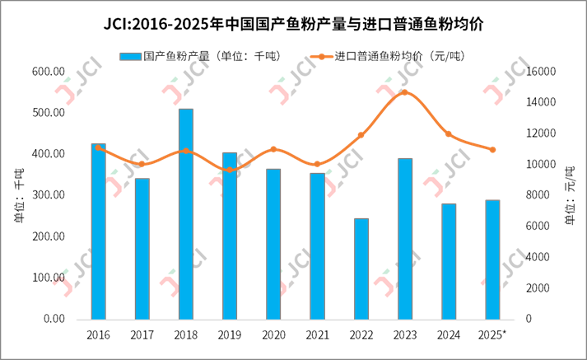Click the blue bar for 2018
coord(186,214)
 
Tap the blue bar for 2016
coord(98,231)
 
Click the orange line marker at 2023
coord(405,92)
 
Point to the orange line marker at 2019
coord(230,170)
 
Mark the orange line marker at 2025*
coord(492,150)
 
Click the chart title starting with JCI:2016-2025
coord(293,25)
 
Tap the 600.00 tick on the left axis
coord(49,72)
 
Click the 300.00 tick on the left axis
coord(49,195)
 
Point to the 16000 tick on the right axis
coord(540,72)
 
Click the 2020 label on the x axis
coord(273,334)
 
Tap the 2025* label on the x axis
coord(492,334)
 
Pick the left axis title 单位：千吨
coord(17,195)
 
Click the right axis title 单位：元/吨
coord(569,195)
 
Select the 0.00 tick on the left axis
coord(54,319)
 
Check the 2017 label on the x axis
coord(142,334)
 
